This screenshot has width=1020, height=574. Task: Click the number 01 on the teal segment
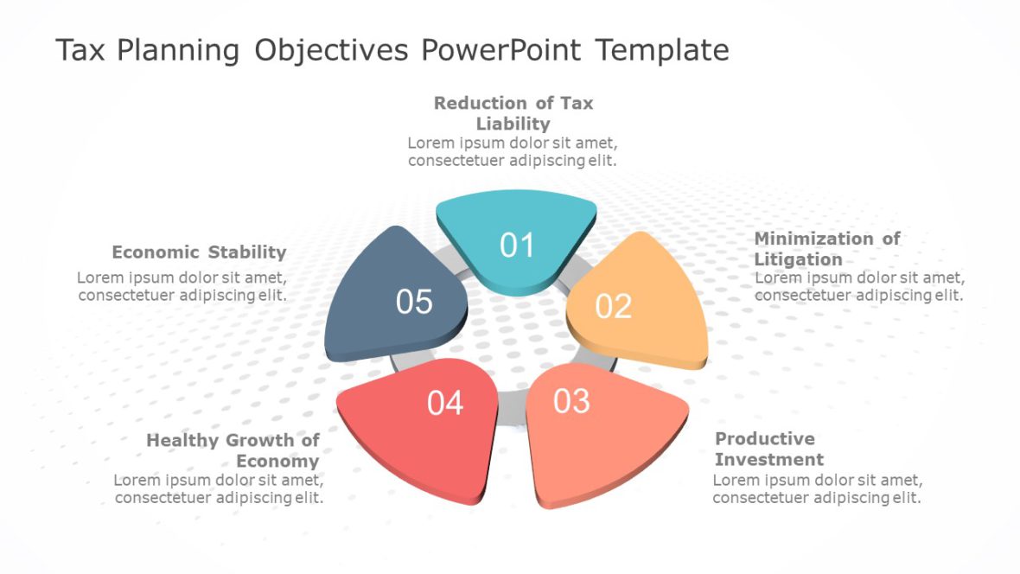point(517,246)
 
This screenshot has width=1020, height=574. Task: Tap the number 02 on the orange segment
point(613,306)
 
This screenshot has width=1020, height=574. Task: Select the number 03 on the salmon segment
point(571,401)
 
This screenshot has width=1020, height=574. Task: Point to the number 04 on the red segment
point(445,403)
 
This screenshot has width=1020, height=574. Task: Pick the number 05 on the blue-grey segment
point(414,302)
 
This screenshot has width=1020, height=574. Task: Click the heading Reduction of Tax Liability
point(513,113)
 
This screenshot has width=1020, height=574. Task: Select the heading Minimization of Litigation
point(826,248)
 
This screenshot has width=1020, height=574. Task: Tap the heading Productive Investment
point(768,449)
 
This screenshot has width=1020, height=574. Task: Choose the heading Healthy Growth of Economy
point(233,450)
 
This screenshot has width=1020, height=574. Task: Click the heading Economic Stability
point(199,252)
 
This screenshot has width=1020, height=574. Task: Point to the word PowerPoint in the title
point(502,50)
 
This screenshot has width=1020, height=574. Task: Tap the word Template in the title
point(662,50)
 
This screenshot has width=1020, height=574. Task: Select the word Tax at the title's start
point(80,50)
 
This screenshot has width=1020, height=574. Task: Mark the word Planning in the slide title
point(179,50)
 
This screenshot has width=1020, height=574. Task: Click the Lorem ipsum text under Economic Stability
point(182,286)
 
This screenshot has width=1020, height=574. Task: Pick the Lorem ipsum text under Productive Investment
point(817,488)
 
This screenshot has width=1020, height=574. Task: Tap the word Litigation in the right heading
point(798,259)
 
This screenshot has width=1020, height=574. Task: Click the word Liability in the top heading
point(513,124)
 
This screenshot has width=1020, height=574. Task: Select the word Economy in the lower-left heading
point(277,461)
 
